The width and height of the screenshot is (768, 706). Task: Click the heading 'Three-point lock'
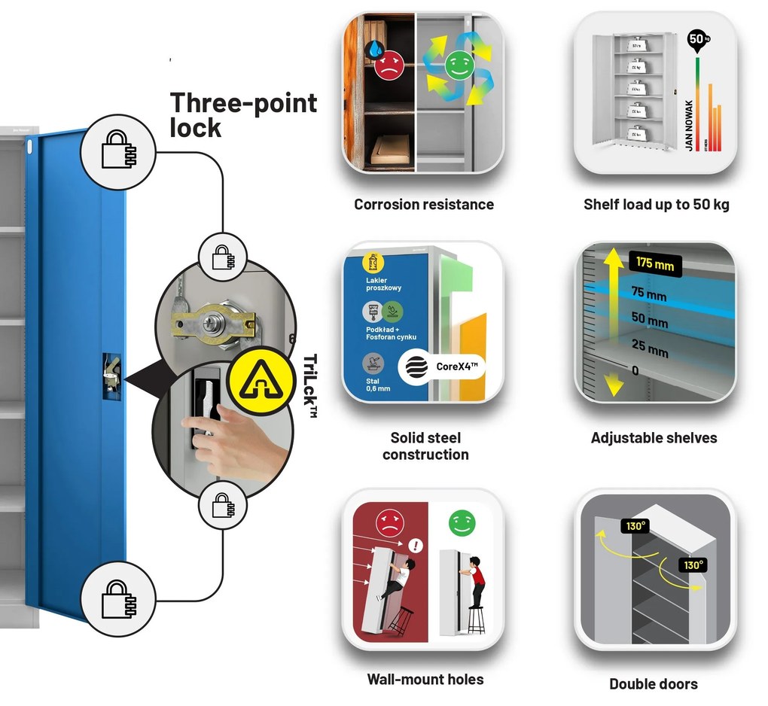click(x=242, y=114)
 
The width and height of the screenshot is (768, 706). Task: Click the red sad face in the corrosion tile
click(x=389, y=65)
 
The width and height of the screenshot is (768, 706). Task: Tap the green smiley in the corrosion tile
click(x=456, y=65)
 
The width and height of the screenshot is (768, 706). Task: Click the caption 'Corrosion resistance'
click(x=424, y=205)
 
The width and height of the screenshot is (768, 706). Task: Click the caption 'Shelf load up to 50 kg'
click(x=656, y=205)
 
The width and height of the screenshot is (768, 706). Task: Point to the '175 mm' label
click(x=654, y=265)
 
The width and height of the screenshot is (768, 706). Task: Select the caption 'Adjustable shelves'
click(x=654, y=438)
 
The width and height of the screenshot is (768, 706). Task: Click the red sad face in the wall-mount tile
click(x=389, y=522)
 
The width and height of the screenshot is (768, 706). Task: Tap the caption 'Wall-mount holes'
click(x=425, y=680)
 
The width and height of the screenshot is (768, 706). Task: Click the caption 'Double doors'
click(x=653, y=684)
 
